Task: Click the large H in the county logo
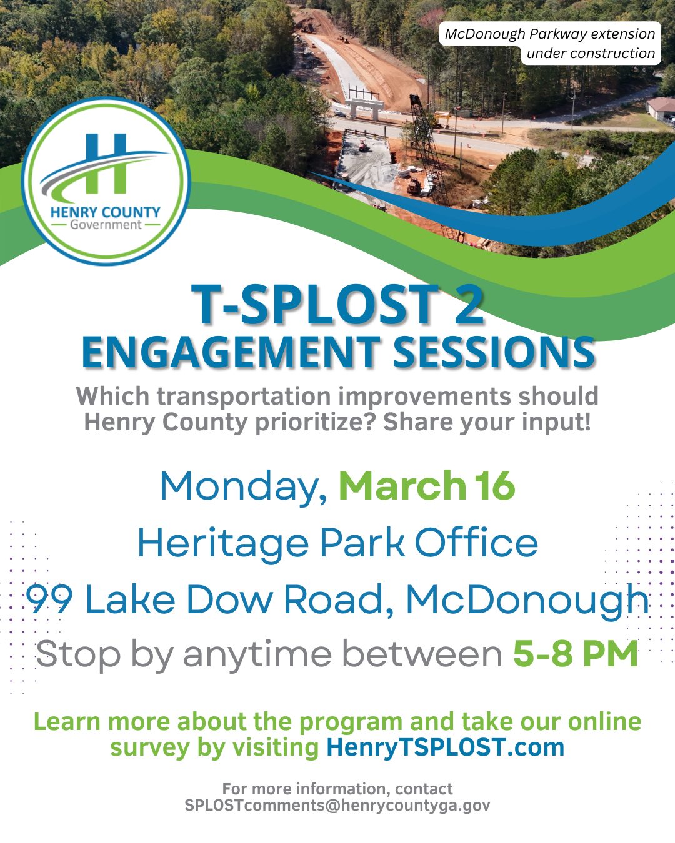[x=106, y=164]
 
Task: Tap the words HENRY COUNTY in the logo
[x=106, y=212]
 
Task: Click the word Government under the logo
[x=106, y=225]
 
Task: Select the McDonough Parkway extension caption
[x=550, y=44]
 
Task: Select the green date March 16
[x=427, y=485]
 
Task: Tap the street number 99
[x=49, y=600]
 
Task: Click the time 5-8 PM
[x=576, y=655]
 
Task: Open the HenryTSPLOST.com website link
[x=446, y=747]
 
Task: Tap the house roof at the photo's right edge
[x=661, y=104]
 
